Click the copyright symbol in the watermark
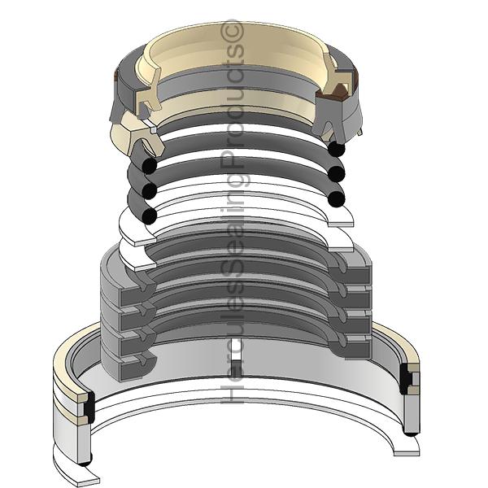(x=232, y=31)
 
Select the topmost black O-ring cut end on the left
(x=149, y=166)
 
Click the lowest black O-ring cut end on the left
(x=149, y=216)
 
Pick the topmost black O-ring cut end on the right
(x=337, y=149)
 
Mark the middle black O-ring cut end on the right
(x=337, y=174)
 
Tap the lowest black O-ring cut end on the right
(x=337, y=199)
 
